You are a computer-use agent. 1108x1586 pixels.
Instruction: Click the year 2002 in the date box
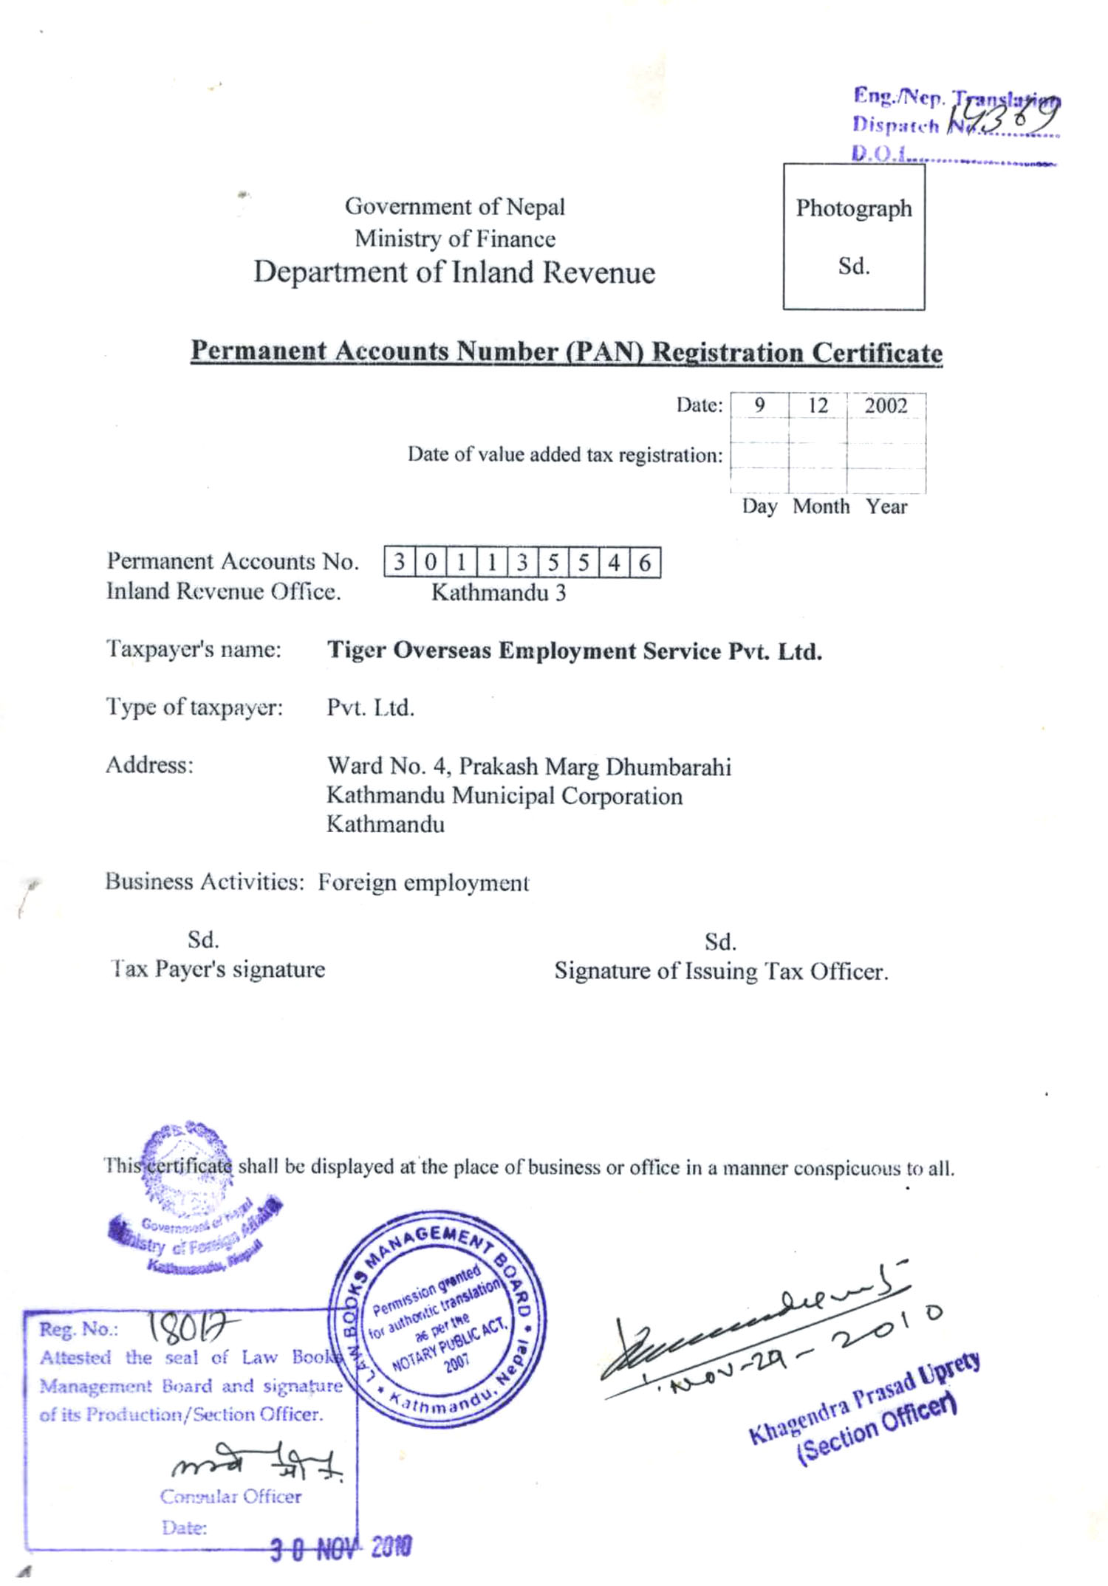886,405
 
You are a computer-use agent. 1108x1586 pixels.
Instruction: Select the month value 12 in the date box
818,405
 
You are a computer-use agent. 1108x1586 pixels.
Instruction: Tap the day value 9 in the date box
759,405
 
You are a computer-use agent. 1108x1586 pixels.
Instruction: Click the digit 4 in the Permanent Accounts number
614,563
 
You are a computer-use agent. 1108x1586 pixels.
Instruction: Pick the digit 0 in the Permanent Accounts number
430,563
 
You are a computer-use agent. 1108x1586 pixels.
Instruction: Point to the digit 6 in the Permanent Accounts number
645,563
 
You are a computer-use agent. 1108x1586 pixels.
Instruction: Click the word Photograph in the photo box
853,208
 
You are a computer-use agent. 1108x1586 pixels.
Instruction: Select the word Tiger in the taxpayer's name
357,650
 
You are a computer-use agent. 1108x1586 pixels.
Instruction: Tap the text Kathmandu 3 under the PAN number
499,592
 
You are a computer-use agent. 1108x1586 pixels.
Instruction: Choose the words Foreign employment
423,882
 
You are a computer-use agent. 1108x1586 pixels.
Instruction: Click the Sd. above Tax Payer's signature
202,939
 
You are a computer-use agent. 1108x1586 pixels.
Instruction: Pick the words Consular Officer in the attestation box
230,1497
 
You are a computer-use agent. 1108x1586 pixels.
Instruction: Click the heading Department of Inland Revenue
454,272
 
